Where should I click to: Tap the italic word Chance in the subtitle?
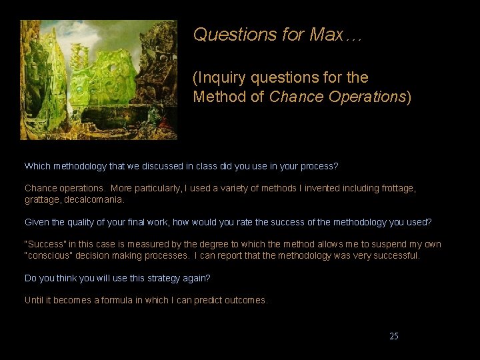[296, 97]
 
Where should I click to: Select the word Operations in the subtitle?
[366, 97]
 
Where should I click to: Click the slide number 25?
[394, 336]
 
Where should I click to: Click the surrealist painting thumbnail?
[98, 79]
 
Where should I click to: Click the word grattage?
[43, 199]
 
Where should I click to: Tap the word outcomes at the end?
[246, 301]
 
